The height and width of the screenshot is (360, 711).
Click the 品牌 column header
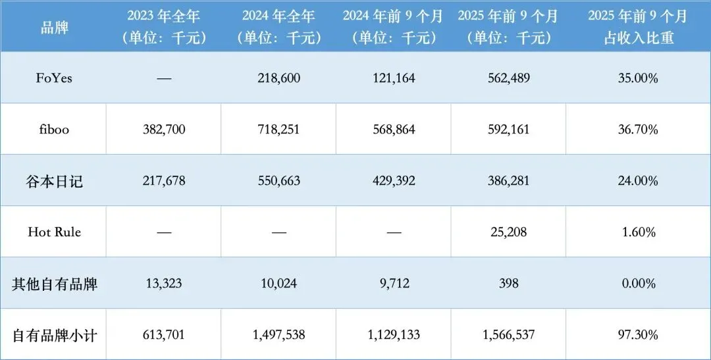point(53,28)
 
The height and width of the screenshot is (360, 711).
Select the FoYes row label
point(54,78)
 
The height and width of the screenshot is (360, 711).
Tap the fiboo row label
point(53,130)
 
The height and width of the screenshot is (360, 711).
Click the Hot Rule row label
point(54,232)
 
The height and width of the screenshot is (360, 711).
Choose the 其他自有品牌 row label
point(54,284)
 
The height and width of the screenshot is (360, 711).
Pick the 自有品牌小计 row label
point(54,335)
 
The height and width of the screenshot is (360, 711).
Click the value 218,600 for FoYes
point(279,78)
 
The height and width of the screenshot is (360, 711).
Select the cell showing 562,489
point(508,78)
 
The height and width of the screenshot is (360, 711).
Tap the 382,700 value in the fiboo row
point(164,130)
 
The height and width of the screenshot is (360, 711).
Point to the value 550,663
point(279,181)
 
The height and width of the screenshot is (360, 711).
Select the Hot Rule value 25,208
point(508,232)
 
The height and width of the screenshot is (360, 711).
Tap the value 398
point(508,284)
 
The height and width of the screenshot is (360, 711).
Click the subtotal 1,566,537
point(508,335)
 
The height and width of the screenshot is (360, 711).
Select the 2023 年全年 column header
point(164,16)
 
